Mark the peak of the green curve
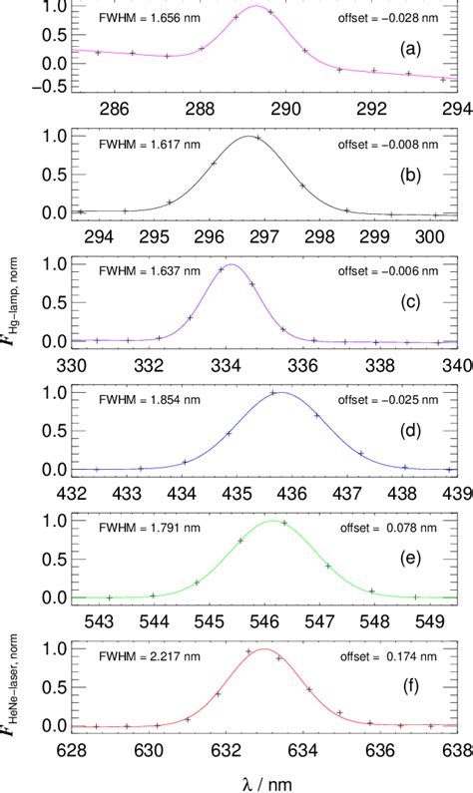(x=271, y=521)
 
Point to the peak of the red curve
(x=263, y=649)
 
